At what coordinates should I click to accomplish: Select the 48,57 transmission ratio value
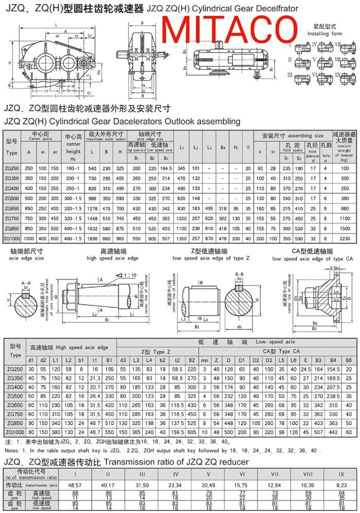76,485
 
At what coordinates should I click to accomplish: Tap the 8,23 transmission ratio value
341,485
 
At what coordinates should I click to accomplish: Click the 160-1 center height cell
74,169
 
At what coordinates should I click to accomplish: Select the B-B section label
239,274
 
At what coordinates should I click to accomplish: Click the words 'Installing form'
325,33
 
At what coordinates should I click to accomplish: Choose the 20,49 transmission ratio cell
208,485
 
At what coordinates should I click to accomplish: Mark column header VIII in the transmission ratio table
308,473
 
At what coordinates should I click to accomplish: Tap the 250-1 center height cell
74,189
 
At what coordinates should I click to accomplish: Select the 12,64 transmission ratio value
275,485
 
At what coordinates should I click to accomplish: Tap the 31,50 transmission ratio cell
142,485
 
